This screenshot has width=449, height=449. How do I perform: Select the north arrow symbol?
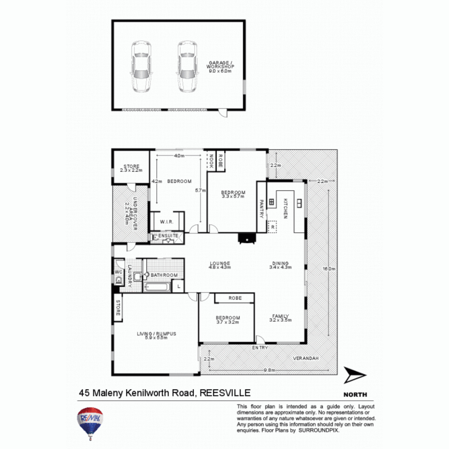click(355, 375)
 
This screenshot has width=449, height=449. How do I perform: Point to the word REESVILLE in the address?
click(225, 392)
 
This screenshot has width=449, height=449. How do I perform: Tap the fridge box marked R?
click(272, 227)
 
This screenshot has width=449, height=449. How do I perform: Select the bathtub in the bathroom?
click(157, 287)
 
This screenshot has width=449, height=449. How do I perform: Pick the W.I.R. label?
click(166, 222)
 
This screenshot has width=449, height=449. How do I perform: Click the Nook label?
click(211, 161)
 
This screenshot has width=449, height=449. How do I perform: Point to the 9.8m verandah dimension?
click(269, 370)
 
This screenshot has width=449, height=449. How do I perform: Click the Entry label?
click(261, 348)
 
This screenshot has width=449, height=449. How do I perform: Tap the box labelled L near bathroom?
click(178, 287)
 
